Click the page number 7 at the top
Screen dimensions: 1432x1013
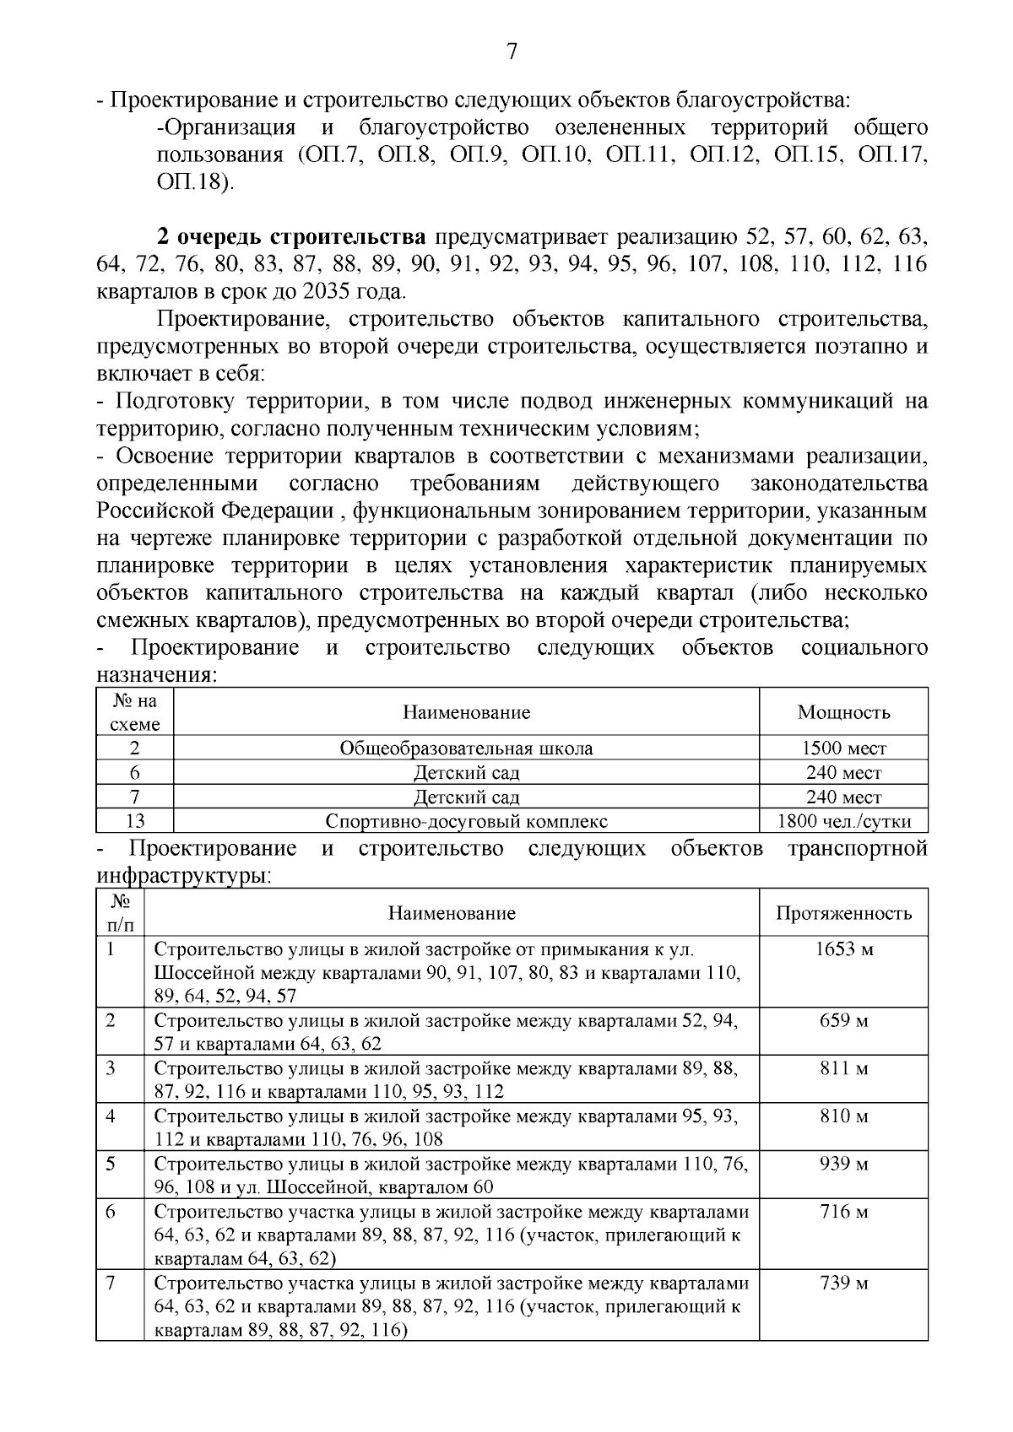coord(511,52)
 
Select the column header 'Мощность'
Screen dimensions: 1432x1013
coord(843,712)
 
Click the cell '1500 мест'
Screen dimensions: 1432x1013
coord(843,748)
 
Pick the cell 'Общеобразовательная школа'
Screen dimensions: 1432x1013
coord(466,748)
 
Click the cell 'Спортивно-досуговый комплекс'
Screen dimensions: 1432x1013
coord(466,821)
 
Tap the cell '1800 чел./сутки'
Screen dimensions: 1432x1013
coord(843,821)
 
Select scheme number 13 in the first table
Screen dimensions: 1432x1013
coord(134,821)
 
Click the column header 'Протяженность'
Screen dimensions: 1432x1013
coord(843,913)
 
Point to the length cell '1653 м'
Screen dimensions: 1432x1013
coord(843,949)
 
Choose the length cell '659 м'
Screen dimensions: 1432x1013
coord(843,1021)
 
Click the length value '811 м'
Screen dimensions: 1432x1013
coord(843,1069)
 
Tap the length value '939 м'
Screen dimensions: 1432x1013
coord(843,1165)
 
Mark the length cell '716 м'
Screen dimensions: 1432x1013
coord(843,1213)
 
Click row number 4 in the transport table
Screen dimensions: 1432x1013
coord(111,1116)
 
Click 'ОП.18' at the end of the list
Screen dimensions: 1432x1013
coord(194,183)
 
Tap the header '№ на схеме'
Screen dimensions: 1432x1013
coord(134,712)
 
